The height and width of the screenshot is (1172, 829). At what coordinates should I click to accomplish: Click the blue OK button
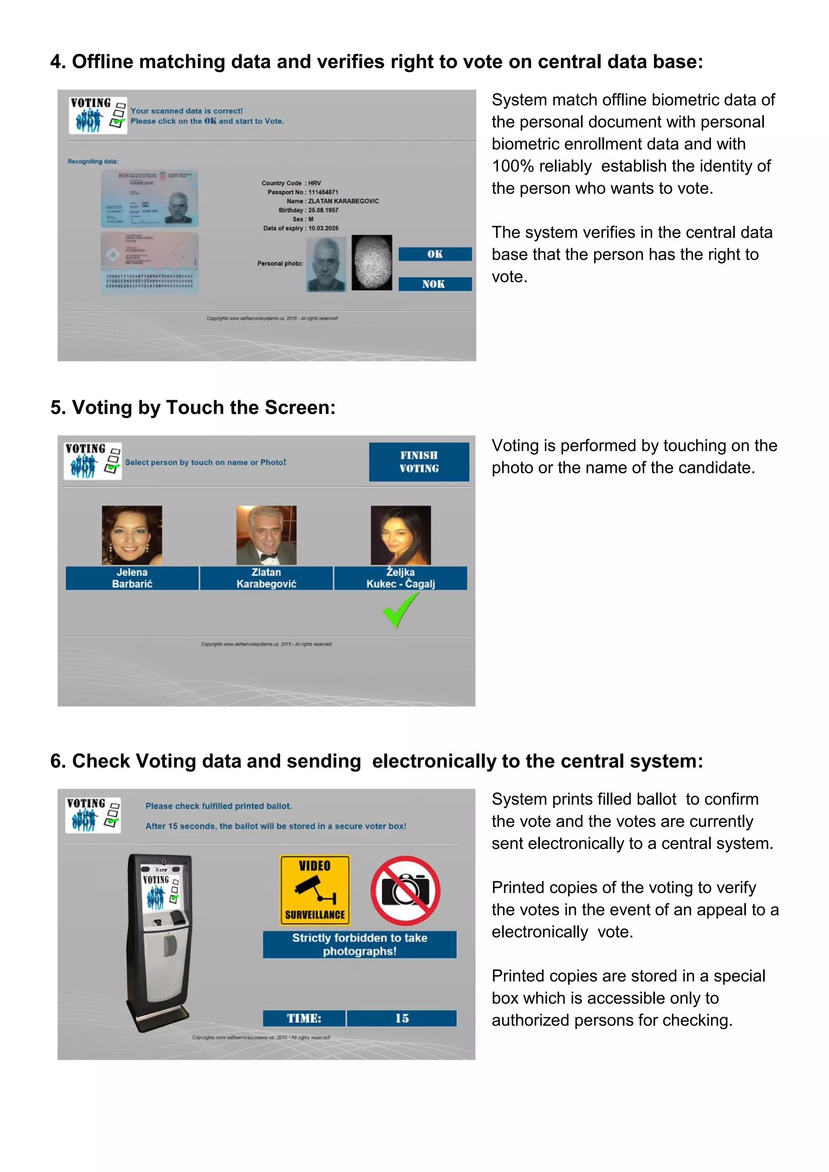(x=435, y=254)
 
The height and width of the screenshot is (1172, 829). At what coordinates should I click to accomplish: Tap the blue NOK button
(x=435, y=284)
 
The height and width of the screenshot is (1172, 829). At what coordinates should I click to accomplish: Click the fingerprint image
(x=372, y=262)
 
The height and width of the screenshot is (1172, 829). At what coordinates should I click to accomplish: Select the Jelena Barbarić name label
(x=132, y=578)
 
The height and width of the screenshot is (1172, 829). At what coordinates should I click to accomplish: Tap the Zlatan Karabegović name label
(x=266, y=578)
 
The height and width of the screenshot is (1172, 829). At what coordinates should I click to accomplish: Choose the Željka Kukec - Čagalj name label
(x=400, y=578)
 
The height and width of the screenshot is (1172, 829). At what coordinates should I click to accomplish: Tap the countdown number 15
(x=402, y=1018)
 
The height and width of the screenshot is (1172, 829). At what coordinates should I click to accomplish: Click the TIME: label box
(x=304, y=1018)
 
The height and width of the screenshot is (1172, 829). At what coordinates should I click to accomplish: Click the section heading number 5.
(x=57, y=408)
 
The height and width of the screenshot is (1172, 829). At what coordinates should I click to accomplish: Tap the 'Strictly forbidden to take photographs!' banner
(x=359, y=944)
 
